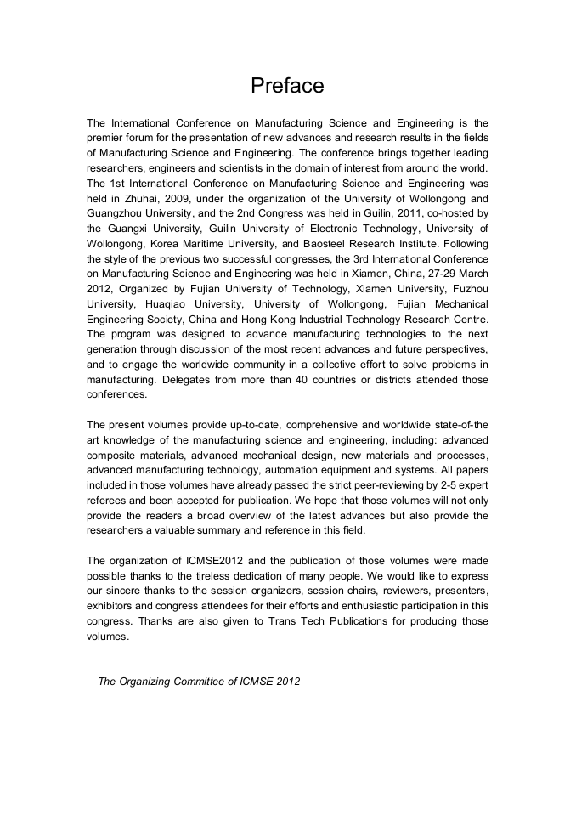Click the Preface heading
pyautogui.click(x=287, y=86)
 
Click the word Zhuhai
pyautogui.click(x=138, y=198)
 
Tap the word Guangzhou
pyautogui.click(x=116, y=213)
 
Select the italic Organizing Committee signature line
pyautogui.click(x=199, y=681)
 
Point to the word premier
pyautogui.click(x=108, y=138)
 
